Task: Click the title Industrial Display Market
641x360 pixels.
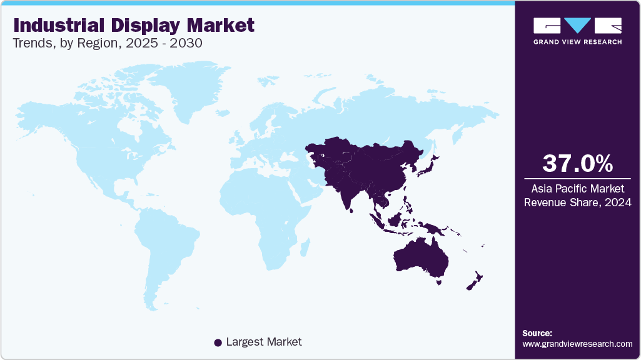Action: point(134,25)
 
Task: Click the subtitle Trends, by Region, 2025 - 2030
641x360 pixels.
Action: point(108,43)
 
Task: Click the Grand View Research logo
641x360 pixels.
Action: point(577,30)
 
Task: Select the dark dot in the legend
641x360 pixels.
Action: point(218,342)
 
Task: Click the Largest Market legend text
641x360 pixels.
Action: point(263,342)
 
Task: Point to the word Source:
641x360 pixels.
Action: point(537,333)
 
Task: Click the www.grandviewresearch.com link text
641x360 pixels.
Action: point(577,344)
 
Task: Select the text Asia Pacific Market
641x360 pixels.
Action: point(577,188)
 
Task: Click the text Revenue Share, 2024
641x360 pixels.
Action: point(577,202)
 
